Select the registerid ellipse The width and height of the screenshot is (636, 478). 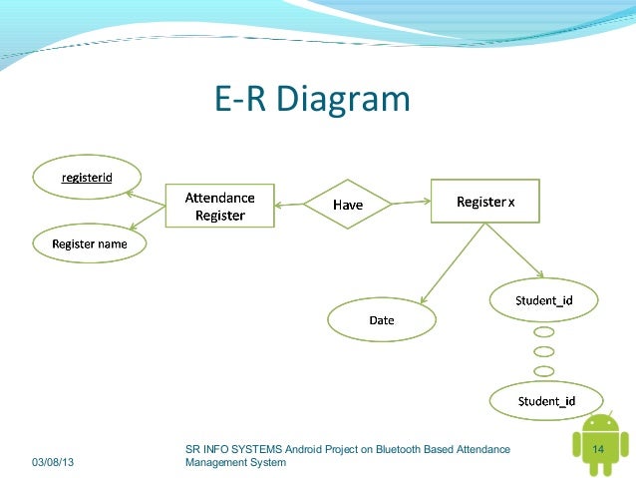tap(87, 178)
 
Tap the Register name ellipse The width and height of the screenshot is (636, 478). tap(88, 242)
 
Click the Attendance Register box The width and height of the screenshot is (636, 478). tap(219, 207)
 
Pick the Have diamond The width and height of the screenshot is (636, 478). tap(348, 205)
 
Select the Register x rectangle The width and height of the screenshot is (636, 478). tap(484, 202)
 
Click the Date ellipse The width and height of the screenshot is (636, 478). tap(382, 320)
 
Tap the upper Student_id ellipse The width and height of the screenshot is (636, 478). tap(543, 300)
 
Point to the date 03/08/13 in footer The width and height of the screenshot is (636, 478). tap(58, 462)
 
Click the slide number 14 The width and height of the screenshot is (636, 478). tap(599, 451)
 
